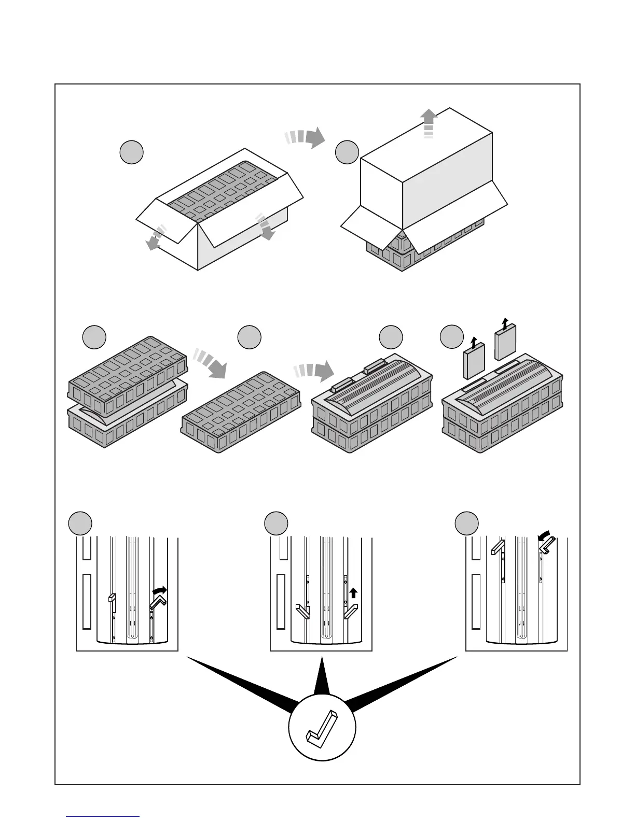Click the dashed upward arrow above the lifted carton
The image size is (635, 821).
(x=429, y=123)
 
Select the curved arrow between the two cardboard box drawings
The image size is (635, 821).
(x=306, y=138)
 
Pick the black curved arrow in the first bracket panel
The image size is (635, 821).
(x=160, y=591)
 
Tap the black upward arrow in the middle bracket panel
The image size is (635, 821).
(x=353, y=592)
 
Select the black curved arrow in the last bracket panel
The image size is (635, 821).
(x=545, y=540)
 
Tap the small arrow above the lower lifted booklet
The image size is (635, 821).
(x=473, y=342)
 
